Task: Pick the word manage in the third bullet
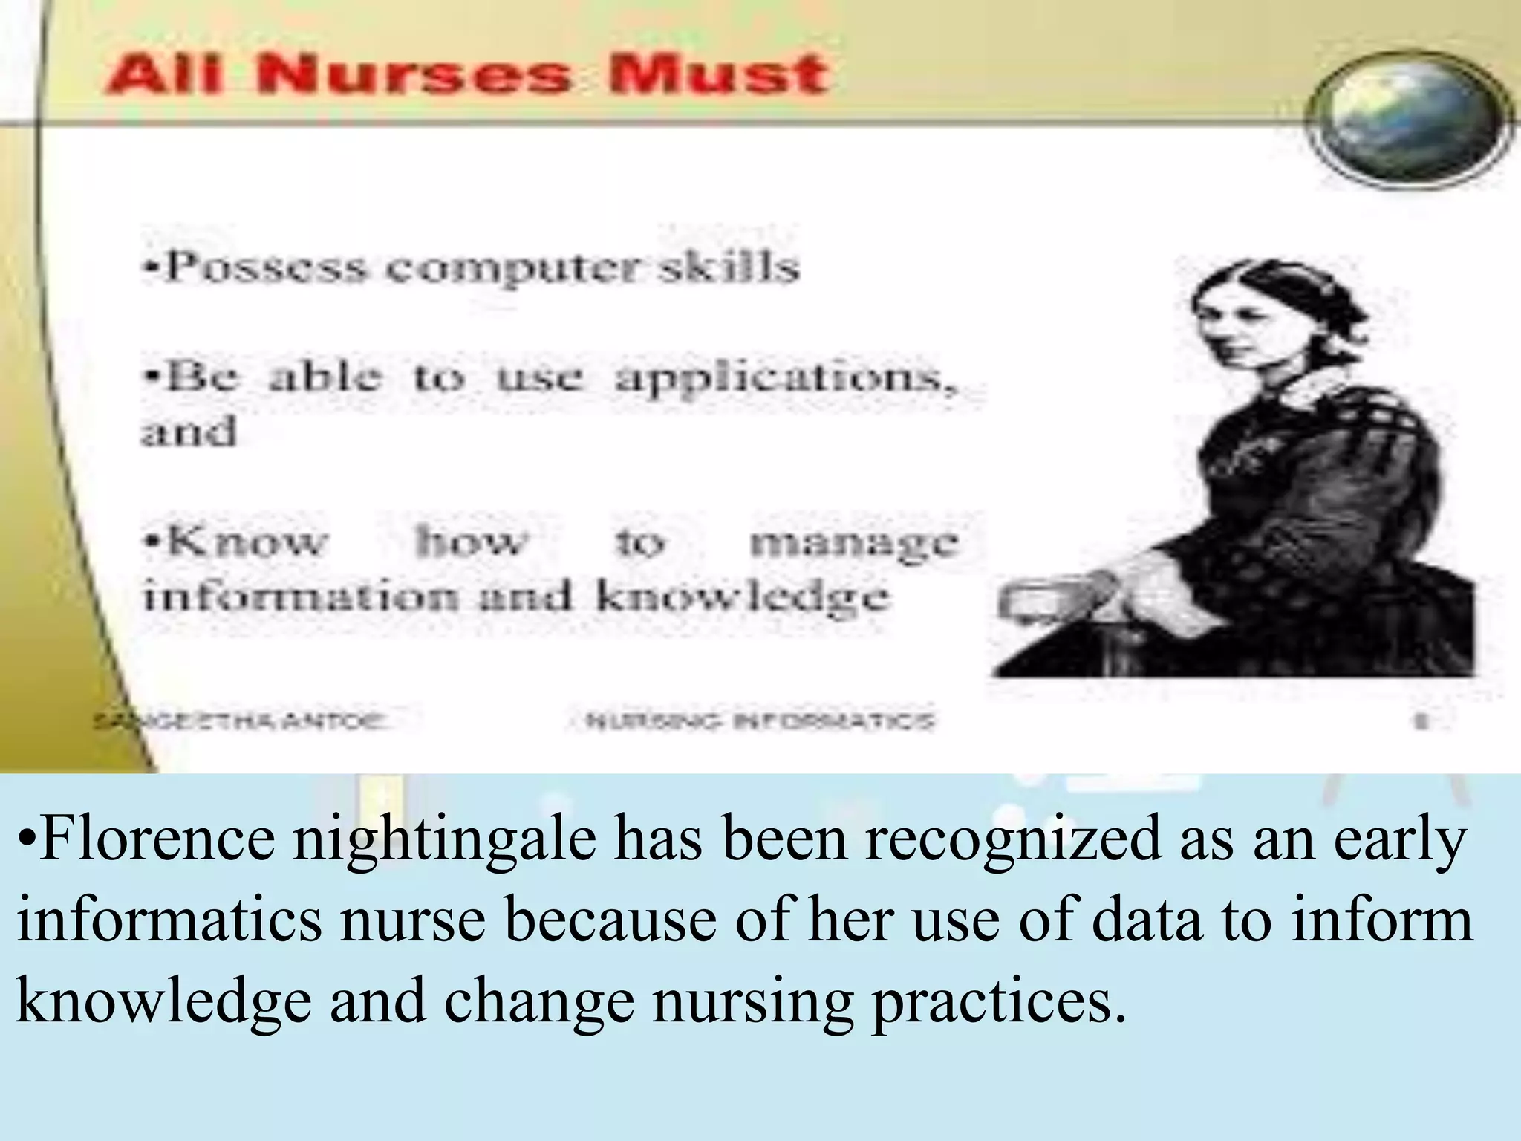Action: pyautogui.click(x=854, y=542)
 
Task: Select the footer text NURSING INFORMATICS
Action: pyautogui.click(x=759, y=721)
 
